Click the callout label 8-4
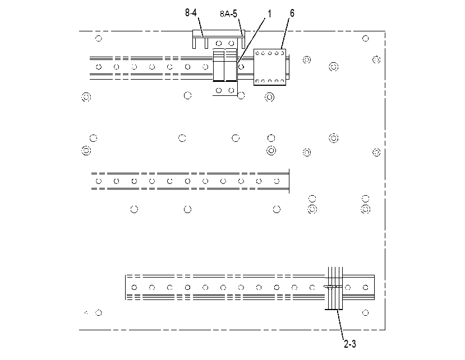click(x=191, y=13)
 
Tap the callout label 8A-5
click(x=228, y=13)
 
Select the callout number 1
click(x=269, y=13)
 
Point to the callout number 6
click(x=292, y=13)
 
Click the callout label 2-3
click(x=349, y=344)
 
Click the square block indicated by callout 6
click(x=270, y=67)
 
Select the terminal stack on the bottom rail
click(x=334, y=288)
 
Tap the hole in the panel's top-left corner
click(x=99, y=39)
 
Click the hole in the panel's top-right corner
click(x=366, y=39)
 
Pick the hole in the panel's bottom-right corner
click(x=366, y=312)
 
